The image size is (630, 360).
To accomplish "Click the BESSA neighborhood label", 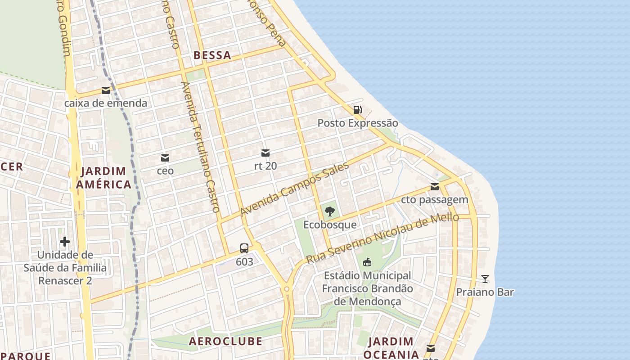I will click(212, 55).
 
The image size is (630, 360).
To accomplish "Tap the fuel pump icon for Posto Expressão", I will click(357, 109).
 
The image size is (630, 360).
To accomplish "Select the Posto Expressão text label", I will click(358, 123).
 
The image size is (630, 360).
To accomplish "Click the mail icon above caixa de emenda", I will click(106, 90).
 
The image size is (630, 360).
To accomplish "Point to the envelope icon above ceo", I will click(165, 158).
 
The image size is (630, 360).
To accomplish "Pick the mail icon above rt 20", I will click(265, 153).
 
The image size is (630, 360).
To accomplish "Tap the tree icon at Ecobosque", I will click(330, 211).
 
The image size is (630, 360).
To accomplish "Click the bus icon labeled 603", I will click(244, 248).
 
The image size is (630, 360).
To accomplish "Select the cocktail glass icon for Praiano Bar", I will click(485, 279).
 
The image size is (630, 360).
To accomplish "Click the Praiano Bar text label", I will click(485, 292).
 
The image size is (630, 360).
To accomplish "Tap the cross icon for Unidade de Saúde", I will click(65, 242).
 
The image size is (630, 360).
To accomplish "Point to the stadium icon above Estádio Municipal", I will click(367, 262).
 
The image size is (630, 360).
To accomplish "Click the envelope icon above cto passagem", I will click(434, 187).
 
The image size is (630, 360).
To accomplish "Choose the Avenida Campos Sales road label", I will click(295, 189).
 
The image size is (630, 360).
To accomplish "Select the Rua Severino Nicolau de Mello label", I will click(382, 238).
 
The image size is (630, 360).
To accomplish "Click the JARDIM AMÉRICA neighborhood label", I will click(103, 178).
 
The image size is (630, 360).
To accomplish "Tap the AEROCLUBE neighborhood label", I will click(225, 341).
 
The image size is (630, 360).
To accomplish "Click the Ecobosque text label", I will click(330, 225).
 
